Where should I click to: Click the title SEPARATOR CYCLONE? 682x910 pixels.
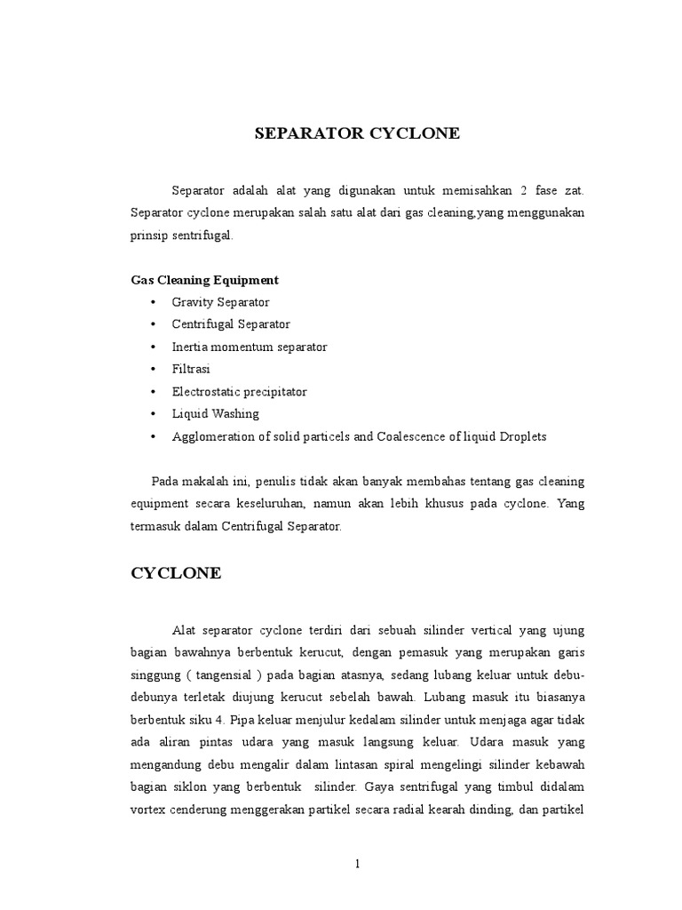[x=357, y=134]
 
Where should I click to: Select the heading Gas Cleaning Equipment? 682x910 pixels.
[x=204, y=280]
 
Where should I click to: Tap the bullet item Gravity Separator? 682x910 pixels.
[x=220, y=302]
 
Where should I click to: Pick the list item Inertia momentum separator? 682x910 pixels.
[x=250, y=347]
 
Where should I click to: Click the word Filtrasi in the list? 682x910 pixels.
[x=191, y=369]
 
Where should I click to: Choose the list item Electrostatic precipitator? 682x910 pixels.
[x=239, y=391]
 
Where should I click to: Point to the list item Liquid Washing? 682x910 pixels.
[x=215, y=413]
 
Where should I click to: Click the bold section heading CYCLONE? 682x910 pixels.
[x=176, y=574]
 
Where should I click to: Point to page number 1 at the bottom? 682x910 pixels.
[x=357, y=865]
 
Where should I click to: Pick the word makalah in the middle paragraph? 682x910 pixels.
[x=208, y=482]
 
